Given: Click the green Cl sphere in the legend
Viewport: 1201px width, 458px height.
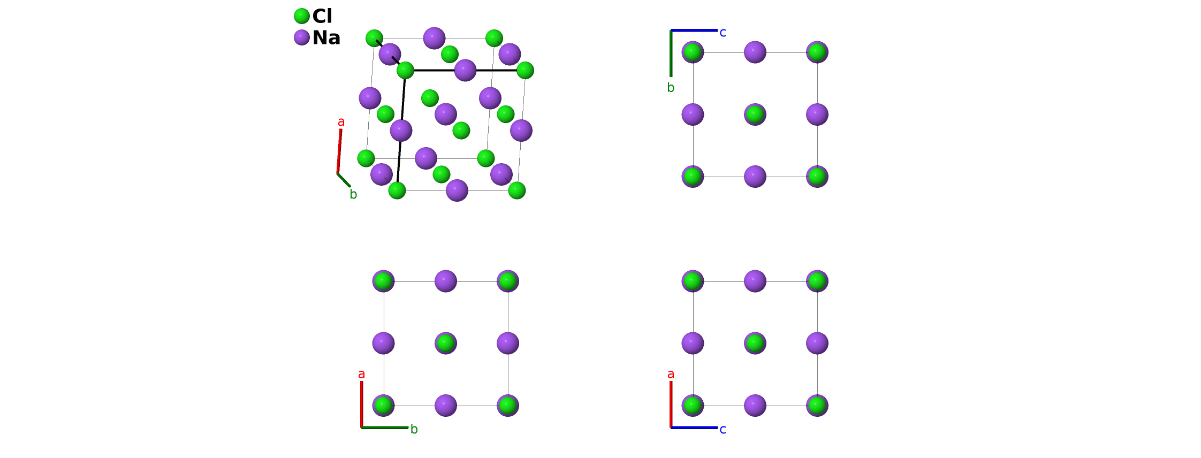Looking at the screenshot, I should tap(302, 16).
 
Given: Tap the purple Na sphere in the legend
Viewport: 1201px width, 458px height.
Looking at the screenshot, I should tap(302, 37).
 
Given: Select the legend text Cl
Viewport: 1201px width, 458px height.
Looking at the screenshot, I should tap(322, 16).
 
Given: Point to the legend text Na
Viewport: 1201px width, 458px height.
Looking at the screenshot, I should tap(326, 37).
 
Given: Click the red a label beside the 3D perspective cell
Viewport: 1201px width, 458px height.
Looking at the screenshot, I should tap(341, 122).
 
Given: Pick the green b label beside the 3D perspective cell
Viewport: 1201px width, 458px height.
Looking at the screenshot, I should tap(353, 195).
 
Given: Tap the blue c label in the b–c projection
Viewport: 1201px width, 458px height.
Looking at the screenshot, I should tap(723, 33).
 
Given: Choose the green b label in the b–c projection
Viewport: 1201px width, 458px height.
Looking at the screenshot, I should tap(671, 88).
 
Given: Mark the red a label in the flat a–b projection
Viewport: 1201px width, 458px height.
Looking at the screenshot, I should tap(361, 374).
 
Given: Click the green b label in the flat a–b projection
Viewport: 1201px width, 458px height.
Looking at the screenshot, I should tap(414, 429).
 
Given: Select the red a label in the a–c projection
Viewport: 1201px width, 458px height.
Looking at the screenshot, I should tap(671, 374).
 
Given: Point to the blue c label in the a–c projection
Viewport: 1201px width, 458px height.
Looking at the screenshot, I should tap(723, 429).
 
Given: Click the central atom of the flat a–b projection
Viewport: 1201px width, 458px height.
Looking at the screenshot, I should tap(445, 343).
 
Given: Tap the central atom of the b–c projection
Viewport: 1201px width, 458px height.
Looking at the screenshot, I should tap(755, 114).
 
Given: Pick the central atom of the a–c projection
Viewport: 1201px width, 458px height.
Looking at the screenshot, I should tap(755, 343).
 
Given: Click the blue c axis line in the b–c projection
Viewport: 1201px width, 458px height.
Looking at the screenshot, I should tap(694, 30).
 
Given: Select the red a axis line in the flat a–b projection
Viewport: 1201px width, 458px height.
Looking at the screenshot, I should tap(362, 404).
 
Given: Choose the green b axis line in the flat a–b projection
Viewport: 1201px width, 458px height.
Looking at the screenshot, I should tap(384, 427).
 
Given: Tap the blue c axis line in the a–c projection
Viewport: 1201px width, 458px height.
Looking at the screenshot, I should tap(694, 427).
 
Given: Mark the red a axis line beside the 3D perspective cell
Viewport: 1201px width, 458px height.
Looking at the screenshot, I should tap(339, 151).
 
